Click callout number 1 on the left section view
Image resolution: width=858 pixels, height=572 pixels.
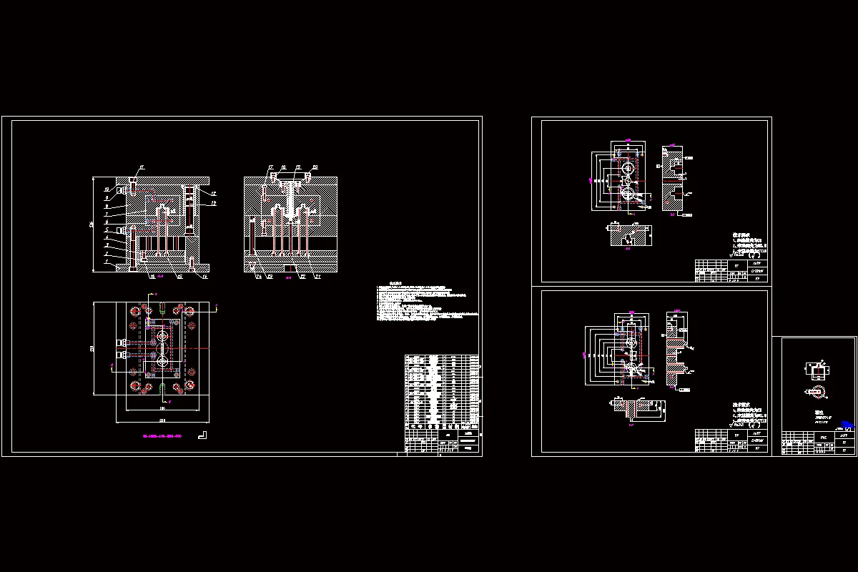(106, 262)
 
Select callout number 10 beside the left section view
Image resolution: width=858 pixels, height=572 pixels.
(106, 189)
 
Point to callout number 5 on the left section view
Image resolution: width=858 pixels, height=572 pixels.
(106, 230)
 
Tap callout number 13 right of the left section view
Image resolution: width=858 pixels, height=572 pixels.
(213, 203)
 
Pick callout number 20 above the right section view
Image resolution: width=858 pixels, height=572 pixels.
(315, 168)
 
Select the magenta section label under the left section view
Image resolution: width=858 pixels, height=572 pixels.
(160, 276)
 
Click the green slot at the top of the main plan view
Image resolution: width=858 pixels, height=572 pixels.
(163, 310)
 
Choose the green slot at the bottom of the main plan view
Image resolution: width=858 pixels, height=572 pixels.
(163, 388)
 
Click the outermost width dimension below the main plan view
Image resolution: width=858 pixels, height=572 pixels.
(162, 420)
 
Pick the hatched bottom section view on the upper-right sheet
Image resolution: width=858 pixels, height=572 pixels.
(629, 235)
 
